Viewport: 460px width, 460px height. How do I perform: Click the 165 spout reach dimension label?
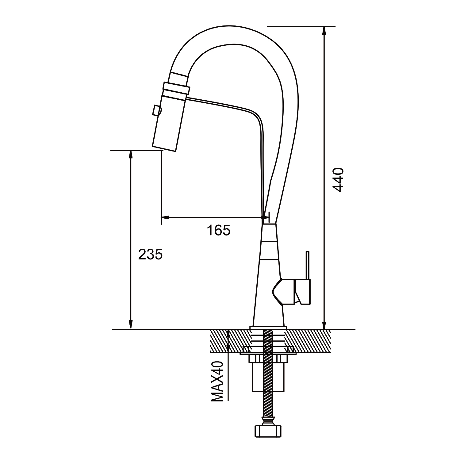point(218,230)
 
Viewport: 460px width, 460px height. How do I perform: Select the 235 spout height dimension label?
point(150,254)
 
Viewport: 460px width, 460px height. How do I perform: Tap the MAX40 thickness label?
point(217,381)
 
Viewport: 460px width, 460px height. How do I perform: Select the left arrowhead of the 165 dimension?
point(165,218)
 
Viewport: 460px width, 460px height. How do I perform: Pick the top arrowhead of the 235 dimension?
point(131,155)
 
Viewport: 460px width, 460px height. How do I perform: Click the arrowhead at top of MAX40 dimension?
point(228,334)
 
